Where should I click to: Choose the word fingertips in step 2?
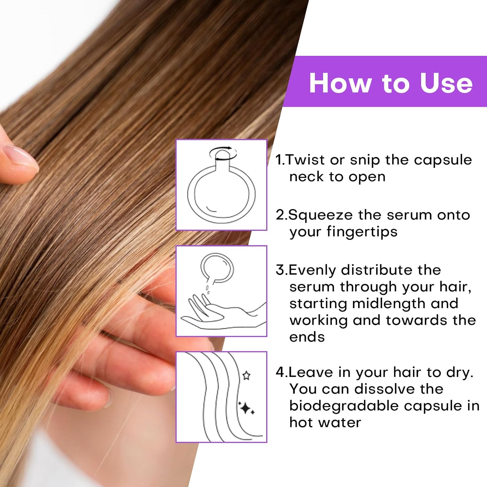pyautogui.click(x=362, y=232)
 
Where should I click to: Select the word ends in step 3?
pyautogui.click(x=307, y=337)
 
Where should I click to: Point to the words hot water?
pyautogui.click(x=325, y=423)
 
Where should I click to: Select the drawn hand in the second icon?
pyautogui.click(x=221, y=312)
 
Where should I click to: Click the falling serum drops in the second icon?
pyautogui.click(x=207, y=289)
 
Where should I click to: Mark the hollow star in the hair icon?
pyautogui.click(x=246, y=376)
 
